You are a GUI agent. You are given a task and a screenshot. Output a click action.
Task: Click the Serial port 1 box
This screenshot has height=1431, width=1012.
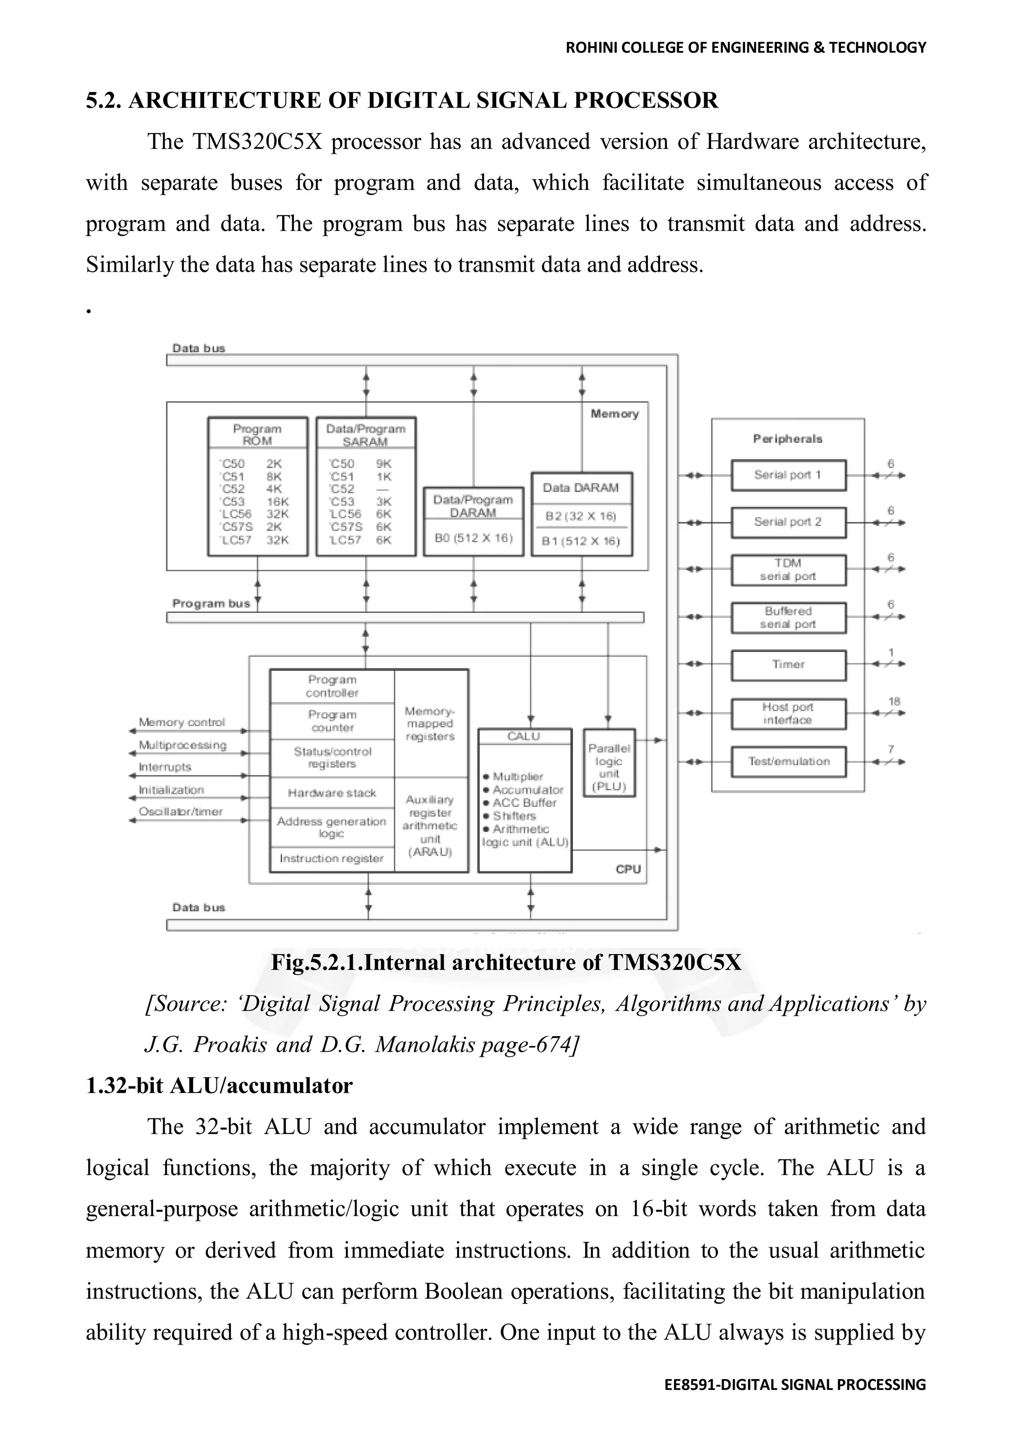(788, 475)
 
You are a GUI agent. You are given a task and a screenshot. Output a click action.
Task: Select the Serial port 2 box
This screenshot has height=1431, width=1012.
(788, 522)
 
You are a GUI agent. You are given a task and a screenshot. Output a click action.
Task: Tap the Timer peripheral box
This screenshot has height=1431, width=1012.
(788, 664)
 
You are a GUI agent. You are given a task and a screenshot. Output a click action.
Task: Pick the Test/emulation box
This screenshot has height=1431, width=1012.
(788, 761)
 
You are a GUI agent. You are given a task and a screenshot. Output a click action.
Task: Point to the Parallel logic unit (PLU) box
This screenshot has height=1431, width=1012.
(609, 763)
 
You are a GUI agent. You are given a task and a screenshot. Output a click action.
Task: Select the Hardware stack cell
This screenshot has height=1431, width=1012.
(332, 793)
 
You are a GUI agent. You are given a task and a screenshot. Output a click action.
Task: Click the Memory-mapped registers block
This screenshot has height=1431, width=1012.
(430, 724)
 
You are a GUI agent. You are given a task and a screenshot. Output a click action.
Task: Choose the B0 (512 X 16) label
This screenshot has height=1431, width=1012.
(473, 537)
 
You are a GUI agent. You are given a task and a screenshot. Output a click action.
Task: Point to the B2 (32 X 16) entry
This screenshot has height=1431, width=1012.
(581, 516)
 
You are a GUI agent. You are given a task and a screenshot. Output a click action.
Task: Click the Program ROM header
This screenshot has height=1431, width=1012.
(257, 434)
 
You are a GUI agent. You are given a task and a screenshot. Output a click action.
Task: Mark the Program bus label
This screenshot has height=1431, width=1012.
(211, 604)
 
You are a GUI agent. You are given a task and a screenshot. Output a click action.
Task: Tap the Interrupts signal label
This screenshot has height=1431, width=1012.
(165, 767)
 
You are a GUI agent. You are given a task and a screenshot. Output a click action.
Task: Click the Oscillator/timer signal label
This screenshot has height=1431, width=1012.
(181, 812)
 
